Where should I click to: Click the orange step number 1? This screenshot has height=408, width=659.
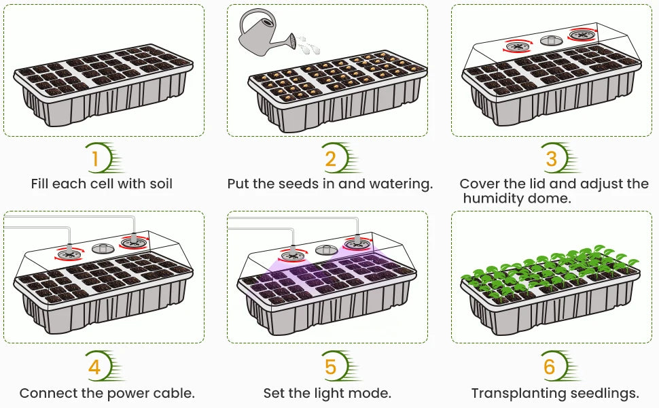[x=96, y=159]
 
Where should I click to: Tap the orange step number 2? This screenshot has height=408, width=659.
[x=330, y=159]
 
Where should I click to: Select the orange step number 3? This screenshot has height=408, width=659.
[x=551, y=158]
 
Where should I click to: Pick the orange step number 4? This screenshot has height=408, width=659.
[x=94, y=368]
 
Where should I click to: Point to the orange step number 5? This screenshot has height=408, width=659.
[x=330, y=368]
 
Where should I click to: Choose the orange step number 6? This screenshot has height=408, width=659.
[x=549, y=368]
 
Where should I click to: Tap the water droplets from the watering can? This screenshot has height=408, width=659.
[x=307, y=44]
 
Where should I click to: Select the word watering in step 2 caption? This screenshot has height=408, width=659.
[x=400, y=184]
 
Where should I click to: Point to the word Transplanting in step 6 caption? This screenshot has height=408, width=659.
[x=516, y=394]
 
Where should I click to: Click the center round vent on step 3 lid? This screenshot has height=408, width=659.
[x=551, y=40]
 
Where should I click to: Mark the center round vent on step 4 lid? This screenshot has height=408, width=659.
[x=102, y=248]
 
